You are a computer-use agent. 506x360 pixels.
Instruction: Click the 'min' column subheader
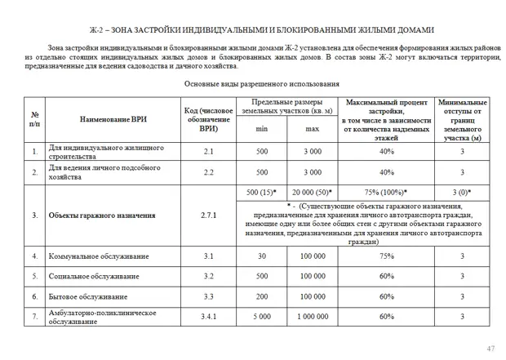click(x=261, y=129)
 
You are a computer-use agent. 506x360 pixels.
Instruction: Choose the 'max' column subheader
click(x=313, y=129)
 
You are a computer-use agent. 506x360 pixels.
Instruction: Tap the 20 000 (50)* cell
click(x=313, y=192)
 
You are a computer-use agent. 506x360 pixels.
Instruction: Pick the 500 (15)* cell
click(x=261, y=192)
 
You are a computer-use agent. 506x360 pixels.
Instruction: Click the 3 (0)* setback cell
click(x=462, y=192)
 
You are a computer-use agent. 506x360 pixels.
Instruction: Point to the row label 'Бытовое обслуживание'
click(x=86, y=296)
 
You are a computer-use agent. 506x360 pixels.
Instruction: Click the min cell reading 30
click(x=261, y=256)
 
